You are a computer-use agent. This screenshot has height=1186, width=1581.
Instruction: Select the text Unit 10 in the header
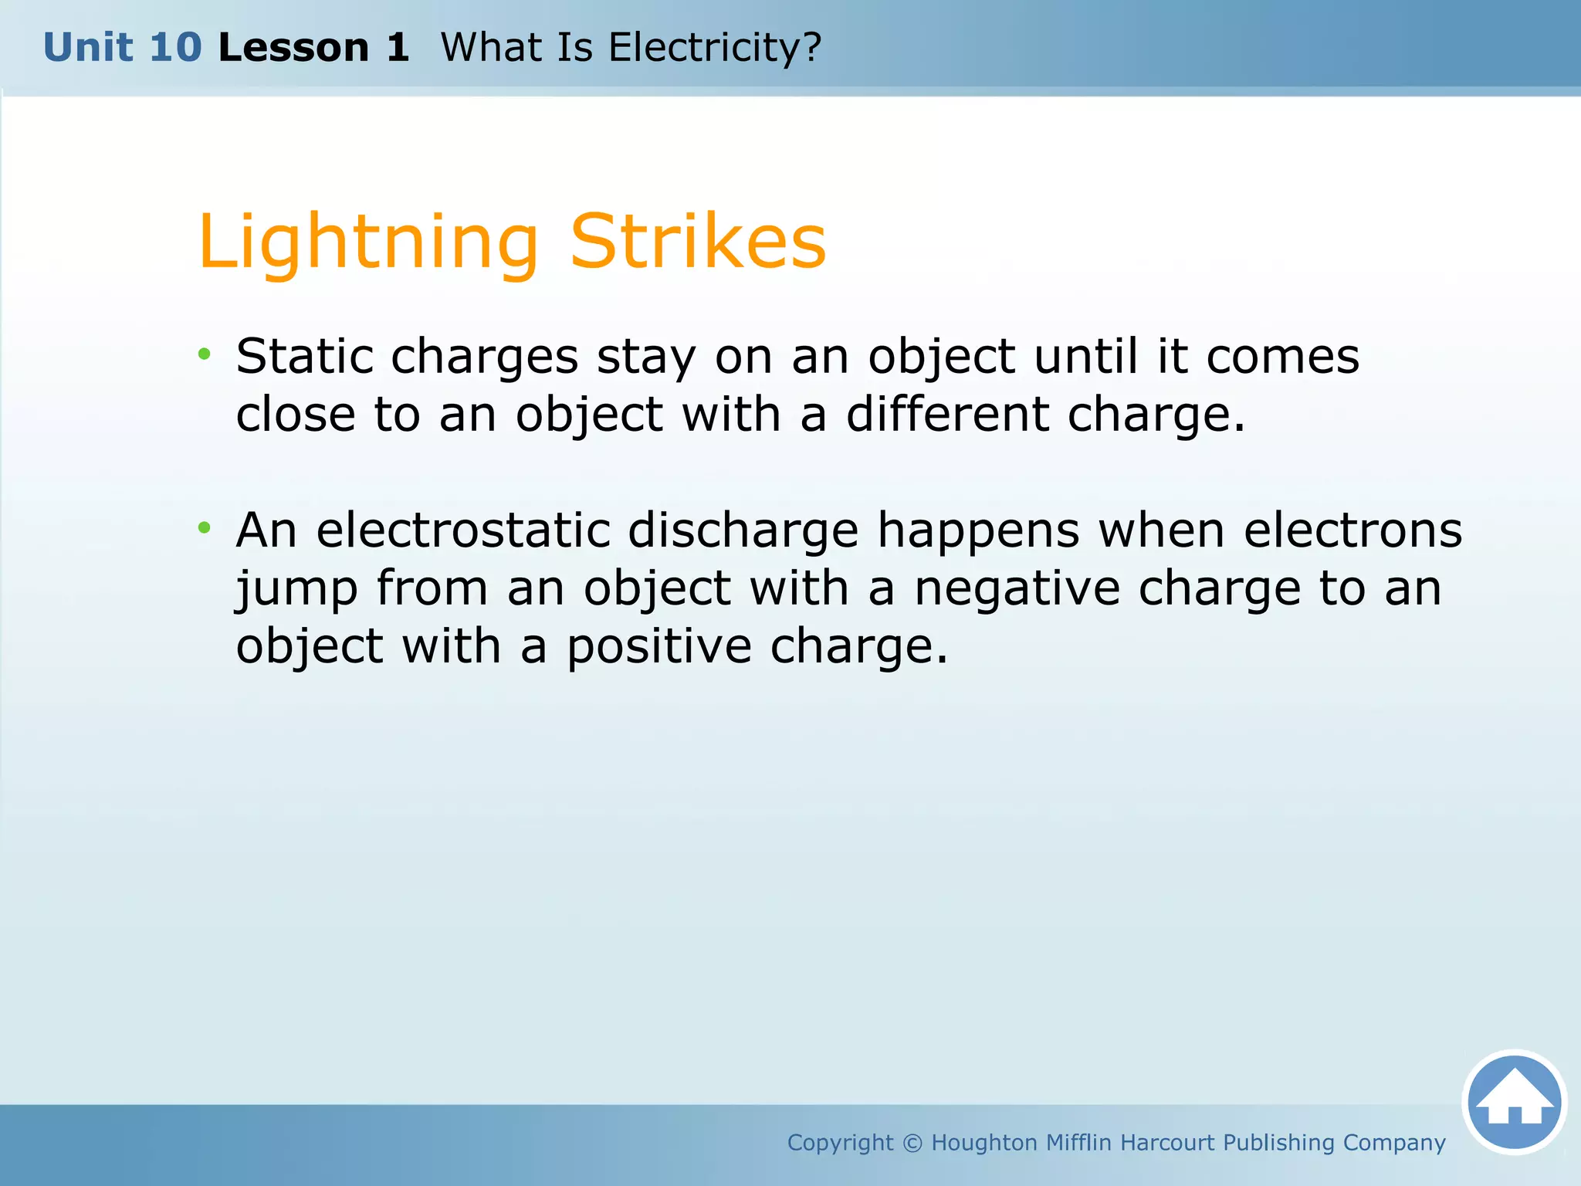point(122,47)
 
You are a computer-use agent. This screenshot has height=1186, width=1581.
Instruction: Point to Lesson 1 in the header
point(313,47)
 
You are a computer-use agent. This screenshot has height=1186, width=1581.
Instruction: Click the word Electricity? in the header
point(714,47)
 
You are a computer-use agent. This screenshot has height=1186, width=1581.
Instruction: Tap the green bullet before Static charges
point(204,354)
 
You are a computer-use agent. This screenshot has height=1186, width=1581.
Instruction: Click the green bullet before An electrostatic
point(204,528)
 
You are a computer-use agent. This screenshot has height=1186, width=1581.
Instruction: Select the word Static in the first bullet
point(304,357)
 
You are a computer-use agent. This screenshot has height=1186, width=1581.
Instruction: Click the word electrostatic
point(463,530)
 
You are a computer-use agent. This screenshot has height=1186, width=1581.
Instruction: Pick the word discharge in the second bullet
point(743,530)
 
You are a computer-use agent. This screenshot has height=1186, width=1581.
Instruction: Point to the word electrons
point(1352,530)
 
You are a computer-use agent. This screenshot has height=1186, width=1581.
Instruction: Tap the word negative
point(1017,588)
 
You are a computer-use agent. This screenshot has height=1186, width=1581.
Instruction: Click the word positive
point(659,646)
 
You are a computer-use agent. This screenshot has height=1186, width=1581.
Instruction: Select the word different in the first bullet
point(947,415)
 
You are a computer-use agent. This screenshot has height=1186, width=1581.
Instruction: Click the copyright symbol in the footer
point(912,1143)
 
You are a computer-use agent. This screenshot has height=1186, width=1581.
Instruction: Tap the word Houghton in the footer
point(983,1143)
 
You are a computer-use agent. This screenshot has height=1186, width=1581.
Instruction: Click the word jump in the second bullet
point(297,590)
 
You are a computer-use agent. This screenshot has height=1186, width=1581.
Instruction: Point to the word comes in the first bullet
point(1282,357)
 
